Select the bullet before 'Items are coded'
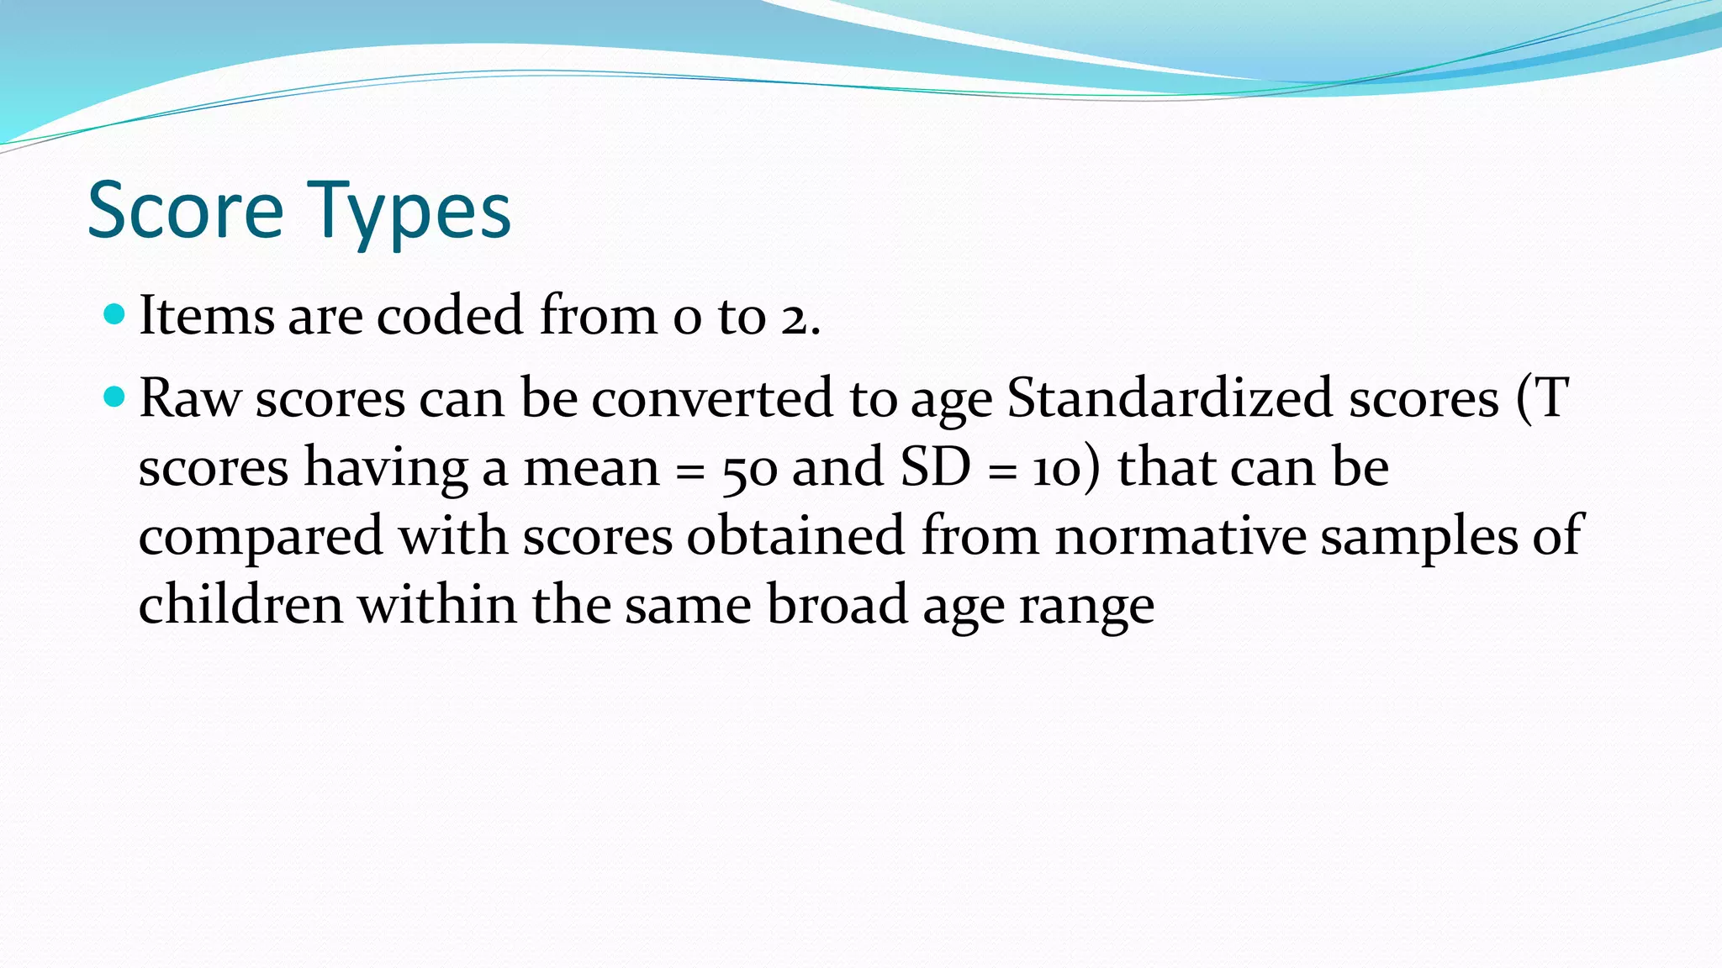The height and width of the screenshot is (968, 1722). point(114,315)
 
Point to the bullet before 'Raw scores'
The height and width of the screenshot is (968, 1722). point(114,397)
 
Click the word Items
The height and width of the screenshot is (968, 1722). point(207,316)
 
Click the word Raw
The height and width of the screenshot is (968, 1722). point(190,397)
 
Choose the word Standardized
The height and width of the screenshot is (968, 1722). point(1170,397)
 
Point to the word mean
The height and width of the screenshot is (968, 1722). point(592,467)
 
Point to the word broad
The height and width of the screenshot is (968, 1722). point(837,605)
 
